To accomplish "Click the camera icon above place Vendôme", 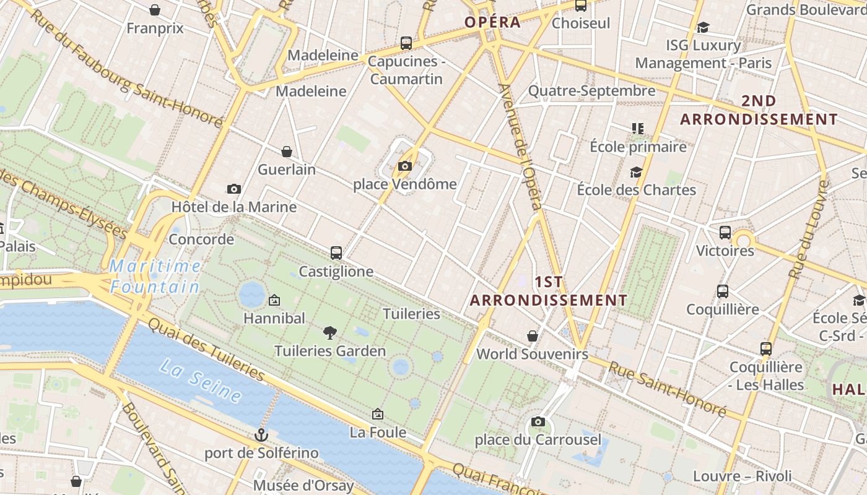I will click(405, 166).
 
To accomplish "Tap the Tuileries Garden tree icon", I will click(330, 333).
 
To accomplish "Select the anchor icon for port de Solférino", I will click(261, 435).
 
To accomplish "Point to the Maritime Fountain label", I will click(155, 277).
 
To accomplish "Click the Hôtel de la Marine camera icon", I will click(234, 189).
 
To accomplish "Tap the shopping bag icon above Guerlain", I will click(287, 152).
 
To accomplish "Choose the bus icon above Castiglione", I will click(336, 252).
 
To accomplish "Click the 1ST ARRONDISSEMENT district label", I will click(549, 291).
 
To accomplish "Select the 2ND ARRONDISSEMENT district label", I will click(759, 110).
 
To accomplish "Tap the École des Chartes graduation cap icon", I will click(636, 172).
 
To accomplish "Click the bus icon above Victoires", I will click(725, 233).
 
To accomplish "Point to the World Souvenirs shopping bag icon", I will click(532, 336).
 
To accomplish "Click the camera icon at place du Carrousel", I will click(538, 421).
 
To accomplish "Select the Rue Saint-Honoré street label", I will click(667, 388).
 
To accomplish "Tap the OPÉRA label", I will click(492, 22).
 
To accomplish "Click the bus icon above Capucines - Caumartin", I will click(406, 43).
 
